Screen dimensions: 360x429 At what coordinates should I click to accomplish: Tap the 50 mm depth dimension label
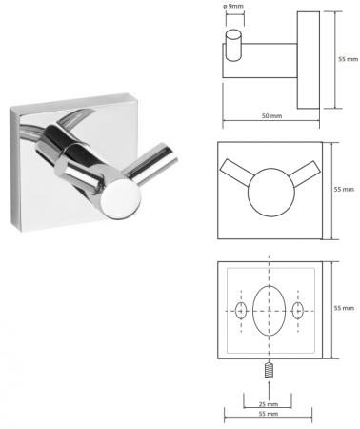(x=271, y=116)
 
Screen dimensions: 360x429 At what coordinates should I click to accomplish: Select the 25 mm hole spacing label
(x=269, y=404)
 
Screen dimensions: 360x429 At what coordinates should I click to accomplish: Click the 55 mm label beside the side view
(x=348, y=59)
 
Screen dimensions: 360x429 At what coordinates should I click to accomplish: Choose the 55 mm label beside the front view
(x=344, y=190)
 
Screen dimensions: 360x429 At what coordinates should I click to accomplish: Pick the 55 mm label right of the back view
(x=344, y=308)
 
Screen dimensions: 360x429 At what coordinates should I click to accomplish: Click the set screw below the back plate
(x=269, y=370)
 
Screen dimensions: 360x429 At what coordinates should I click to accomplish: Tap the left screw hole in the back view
(x=241, y=311)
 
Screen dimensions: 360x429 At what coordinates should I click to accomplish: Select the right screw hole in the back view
(x=298, y=311)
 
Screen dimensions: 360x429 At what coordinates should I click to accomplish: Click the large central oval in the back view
(x=269, y=311)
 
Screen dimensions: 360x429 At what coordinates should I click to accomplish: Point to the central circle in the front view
(x=271, y=193)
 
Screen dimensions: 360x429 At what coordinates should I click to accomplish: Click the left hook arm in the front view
(x=236, y=172)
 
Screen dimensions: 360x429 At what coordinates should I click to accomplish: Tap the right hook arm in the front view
(x=304, y=173)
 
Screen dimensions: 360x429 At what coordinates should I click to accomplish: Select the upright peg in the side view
(x=233, y=46)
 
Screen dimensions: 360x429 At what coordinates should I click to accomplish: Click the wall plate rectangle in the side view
(x=309, y=60)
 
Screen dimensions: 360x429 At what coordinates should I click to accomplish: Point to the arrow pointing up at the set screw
(x=269, y=390)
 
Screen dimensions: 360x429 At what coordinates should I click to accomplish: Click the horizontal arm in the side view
(x=260, y=60)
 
